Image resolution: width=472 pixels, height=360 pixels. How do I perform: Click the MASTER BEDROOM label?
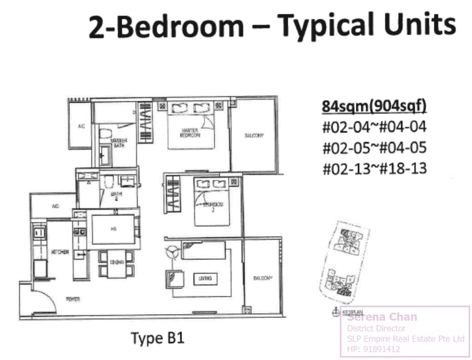pyautogui.click(x=190, y=133)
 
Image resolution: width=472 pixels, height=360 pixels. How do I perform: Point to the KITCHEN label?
pyautogui.click(x=60, y=252)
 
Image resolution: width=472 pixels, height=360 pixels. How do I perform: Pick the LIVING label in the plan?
pyautogui.click(x=204, y=279)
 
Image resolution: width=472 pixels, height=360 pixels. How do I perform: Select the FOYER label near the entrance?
pyautogui.click(x=73, y=299)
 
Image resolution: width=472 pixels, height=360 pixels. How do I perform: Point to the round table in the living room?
pyautogui.click(x=172, y=252)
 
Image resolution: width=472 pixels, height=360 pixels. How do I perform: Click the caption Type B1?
pyautogui.click(x=157, y=338)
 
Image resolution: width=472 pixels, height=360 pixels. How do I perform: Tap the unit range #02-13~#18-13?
pyautogui.click(x=375, y=168)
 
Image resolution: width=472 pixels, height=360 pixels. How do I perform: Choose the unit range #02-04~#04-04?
pyautogui.click(x=375, y=127)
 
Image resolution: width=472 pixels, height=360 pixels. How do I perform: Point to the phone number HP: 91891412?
pyautogui.click(x=374, y=349)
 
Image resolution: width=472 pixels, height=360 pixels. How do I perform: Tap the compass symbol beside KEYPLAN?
pyautogui.click(x=335, y=313)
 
